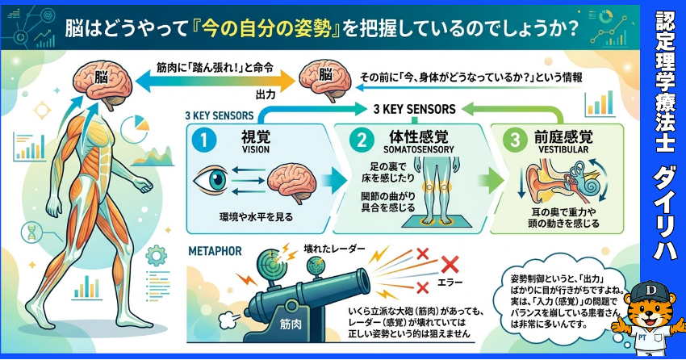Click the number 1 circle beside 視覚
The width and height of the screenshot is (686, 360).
pos(205,140)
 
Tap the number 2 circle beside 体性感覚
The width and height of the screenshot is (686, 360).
pos(360,140)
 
